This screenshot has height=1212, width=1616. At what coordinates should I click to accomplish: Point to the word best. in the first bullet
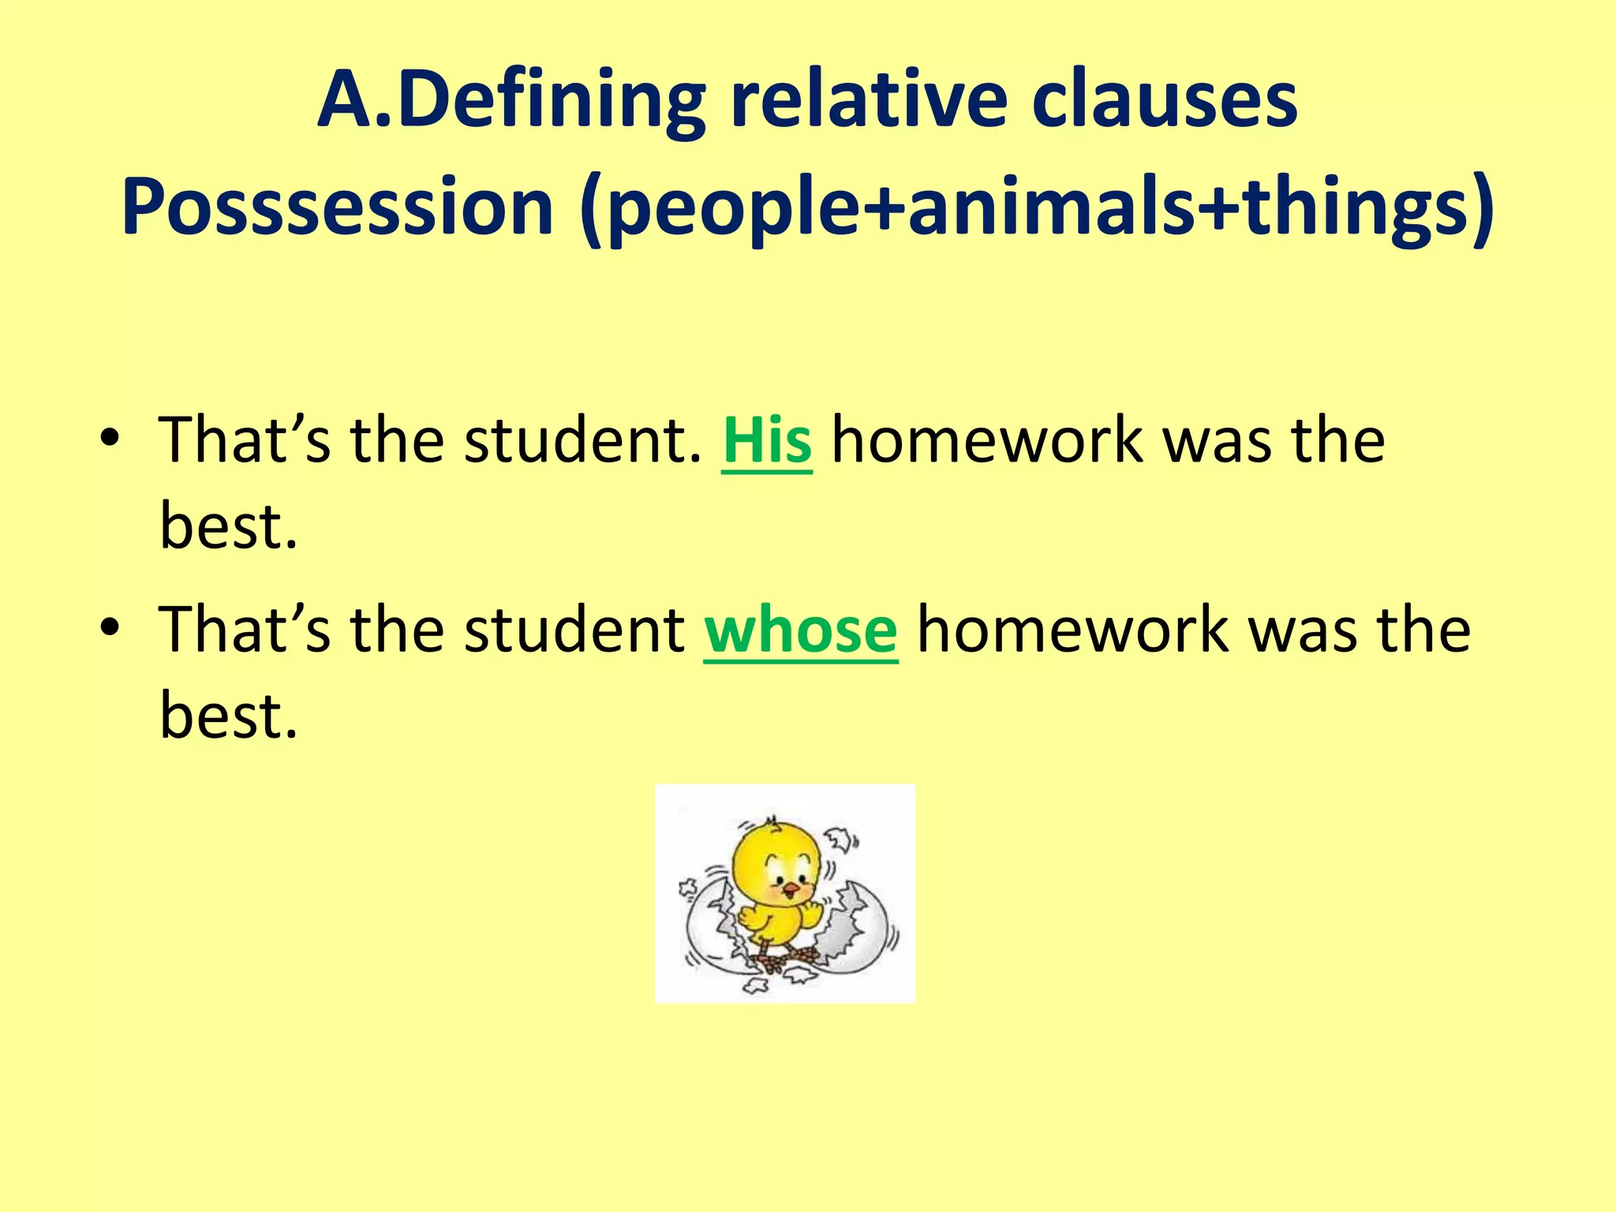click(x=229, y=526)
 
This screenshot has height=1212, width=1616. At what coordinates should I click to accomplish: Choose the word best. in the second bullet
click(x=229, y=715)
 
